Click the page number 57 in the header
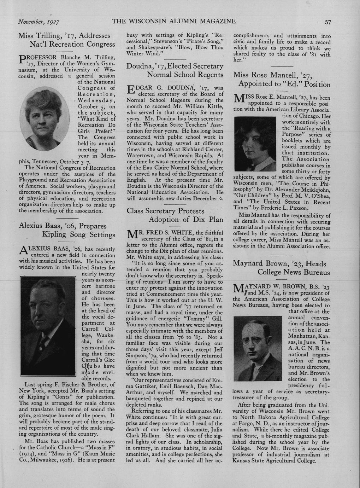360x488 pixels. point(328,22)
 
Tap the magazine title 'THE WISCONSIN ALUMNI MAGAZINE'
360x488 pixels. point(174,21)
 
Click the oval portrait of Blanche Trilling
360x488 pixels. point(48,120)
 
